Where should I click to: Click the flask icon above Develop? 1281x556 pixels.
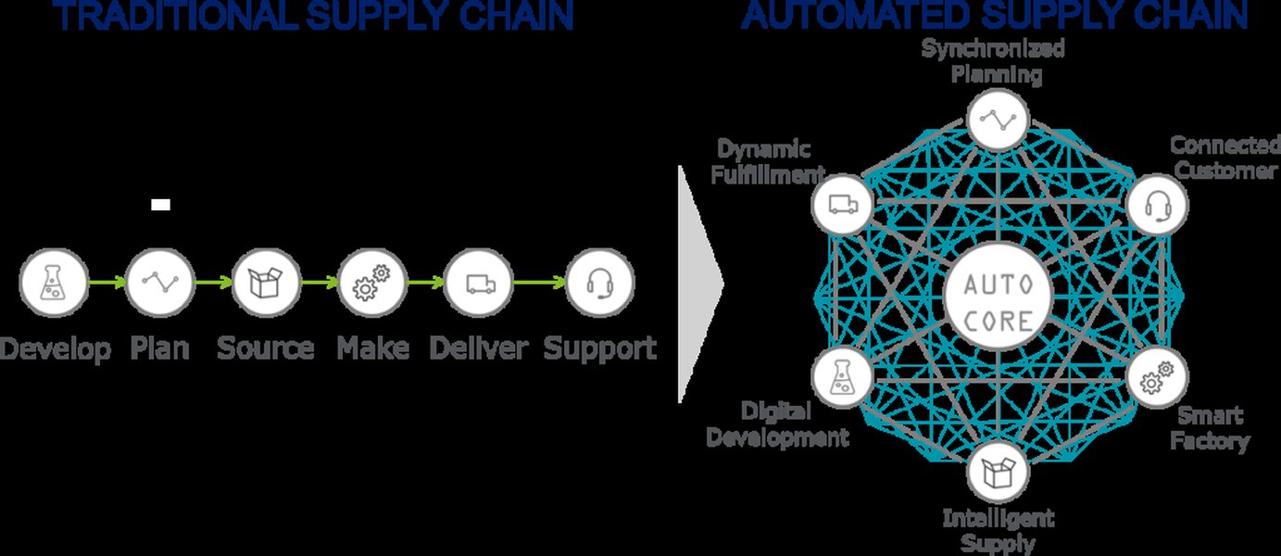click(54, 284)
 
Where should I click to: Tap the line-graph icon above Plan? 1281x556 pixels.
click(160, 284)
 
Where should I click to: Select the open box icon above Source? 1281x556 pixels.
click(266, 284)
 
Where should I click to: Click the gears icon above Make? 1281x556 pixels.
click(371, 284)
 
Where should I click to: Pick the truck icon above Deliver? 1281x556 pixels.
click(478, 284)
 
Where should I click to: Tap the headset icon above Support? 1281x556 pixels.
click(599, 284)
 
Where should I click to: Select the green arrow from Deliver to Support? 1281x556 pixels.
click(538, 284)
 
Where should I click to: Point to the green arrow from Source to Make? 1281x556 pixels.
click(319, 284)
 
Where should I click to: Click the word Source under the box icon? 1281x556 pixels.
click(266, 348)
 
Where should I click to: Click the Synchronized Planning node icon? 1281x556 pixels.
click(998, 119)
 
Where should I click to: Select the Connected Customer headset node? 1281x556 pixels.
click(1155, 205)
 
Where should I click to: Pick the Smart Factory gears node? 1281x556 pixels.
click(1155, 378)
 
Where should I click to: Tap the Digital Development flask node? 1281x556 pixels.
click(841, 378)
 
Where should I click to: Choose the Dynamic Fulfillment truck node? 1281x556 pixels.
click(841, 205)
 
